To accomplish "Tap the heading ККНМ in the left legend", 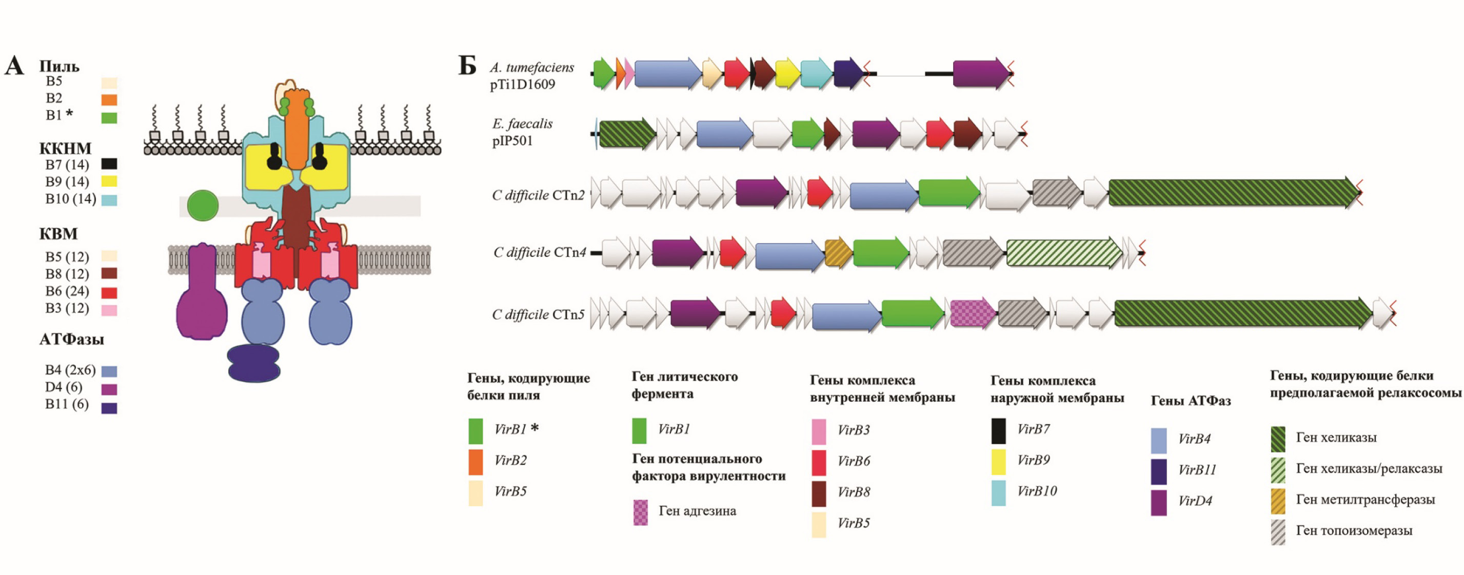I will point(65,149).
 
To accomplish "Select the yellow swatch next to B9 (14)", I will point(109,182).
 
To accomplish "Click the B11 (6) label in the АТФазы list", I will point(67,404).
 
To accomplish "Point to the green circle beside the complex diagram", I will point(203,205).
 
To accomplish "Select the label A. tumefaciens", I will point(532,68).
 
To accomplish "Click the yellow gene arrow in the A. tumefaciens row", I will point(787,73).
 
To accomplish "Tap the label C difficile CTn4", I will point(539,252).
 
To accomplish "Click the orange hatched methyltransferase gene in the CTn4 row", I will point(838,253).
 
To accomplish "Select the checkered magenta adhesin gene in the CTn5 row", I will point(973,313).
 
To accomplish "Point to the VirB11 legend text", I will point(1197,470).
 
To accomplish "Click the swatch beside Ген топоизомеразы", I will point(1278,532).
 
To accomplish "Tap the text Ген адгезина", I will point(697,511).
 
